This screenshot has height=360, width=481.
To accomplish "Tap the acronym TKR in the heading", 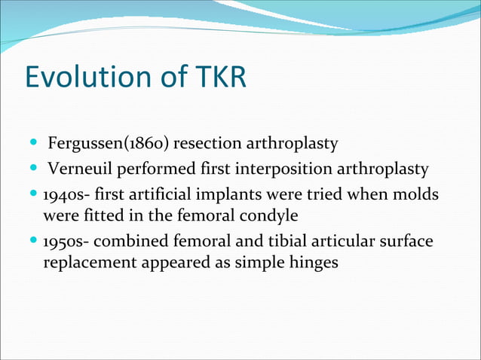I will point(220,78).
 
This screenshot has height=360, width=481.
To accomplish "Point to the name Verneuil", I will point(79,169).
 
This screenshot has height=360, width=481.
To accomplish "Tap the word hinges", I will point(316,264).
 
